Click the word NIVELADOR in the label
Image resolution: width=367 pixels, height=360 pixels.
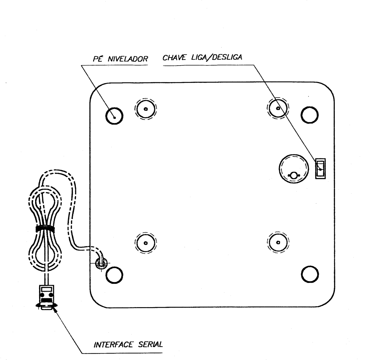pos(128,59)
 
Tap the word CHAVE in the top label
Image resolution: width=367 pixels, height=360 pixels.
pos(174,57)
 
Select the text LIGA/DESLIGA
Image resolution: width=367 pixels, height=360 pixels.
pos(217,57)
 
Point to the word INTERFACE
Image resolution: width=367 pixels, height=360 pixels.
pos(113,344)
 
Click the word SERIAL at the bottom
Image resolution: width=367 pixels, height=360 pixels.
pos(150,344)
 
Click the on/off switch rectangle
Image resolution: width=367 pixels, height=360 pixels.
pos(320,169)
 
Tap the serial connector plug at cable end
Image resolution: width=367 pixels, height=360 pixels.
pos(46,297)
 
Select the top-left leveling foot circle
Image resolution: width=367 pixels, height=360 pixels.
pos(114,116)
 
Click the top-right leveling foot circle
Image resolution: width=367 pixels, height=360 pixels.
pos(310,115)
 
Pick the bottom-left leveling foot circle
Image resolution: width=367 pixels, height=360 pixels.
pos(114,275)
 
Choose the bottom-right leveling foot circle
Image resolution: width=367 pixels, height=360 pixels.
pos(310,274)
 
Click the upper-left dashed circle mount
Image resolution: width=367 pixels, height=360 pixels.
pos(145,109)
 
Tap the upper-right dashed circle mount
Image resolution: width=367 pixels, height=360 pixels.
pos(278,108)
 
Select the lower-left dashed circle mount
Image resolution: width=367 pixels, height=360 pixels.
pos(145,243)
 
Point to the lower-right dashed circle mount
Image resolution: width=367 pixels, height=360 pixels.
pos(278,242)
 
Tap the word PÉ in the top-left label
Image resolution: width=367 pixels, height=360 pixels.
pos(98,58)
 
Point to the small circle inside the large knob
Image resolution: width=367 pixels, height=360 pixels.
pos(294,175)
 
